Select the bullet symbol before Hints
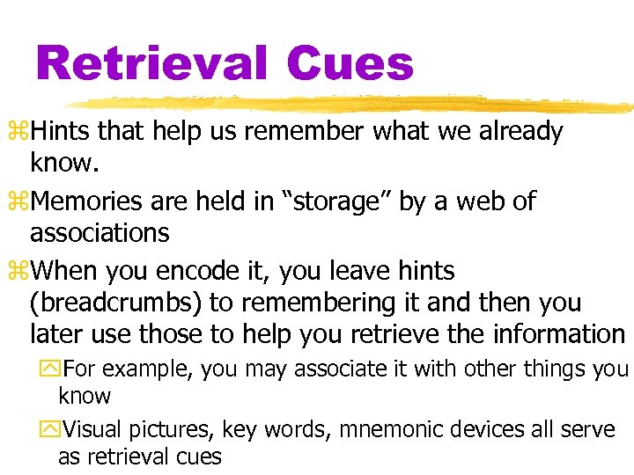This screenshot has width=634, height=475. click(22, 133)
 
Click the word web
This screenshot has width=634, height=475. click(473, 201)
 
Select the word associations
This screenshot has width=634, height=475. click(100, 233)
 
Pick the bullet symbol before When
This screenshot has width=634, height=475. click(22, 270)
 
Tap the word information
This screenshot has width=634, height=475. click(558, 334)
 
